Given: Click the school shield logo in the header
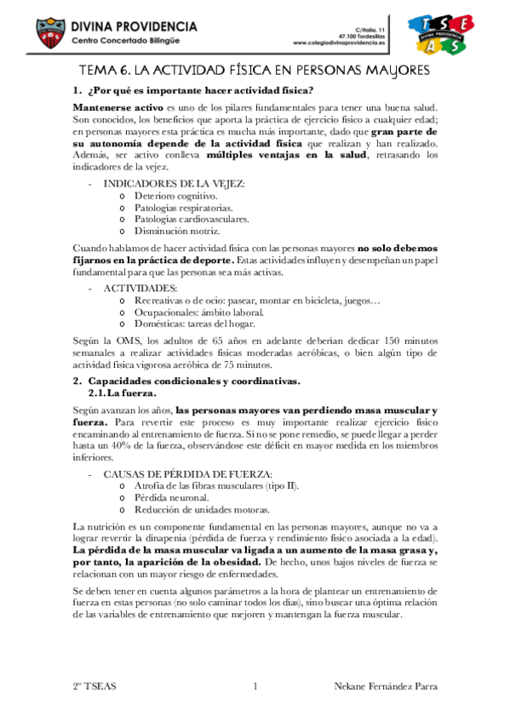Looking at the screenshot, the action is click(50, 33).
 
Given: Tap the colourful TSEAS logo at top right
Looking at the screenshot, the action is click(437, 34).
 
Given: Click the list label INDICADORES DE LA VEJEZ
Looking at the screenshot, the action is click(174, 183).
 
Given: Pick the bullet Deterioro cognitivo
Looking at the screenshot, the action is click(169, 195).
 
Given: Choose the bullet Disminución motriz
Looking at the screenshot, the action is click(170, 231).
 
